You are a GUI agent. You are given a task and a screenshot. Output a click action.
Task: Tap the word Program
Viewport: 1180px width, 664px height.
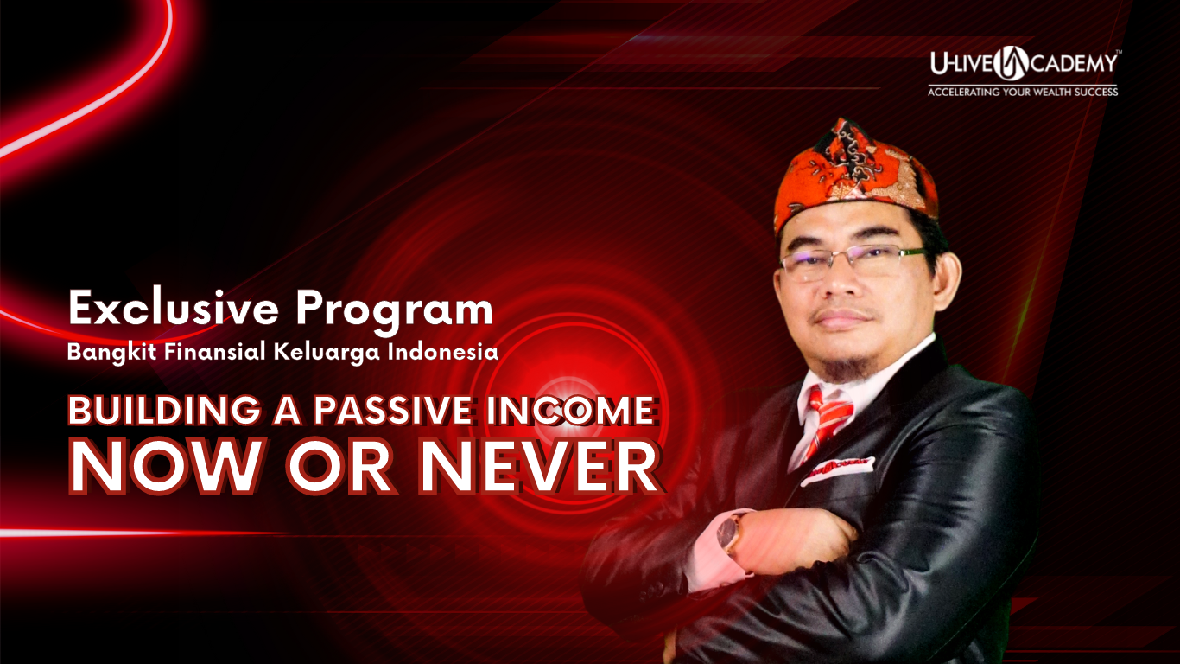395,312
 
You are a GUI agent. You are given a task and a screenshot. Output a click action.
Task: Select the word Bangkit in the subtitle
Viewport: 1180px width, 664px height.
111,352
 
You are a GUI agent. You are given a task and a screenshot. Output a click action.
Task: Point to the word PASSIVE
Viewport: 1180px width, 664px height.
392,411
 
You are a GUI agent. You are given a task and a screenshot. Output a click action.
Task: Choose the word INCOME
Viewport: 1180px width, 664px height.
571,411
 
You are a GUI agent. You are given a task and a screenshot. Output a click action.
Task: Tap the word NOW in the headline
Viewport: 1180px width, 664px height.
165,467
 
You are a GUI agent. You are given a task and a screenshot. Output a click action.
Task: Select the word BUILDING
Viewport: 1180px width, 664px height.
164,411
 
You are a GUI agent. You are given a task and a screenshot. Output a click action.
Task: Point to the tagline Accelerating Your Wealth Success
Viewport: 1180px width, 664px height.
1023,92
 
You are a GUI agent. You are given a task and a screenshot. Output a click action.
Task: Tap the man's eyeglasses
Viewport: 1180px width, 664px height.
854,261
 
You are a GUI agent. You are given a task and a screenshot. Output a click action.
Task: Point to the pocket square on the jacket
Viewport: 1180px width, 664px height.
836,469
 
